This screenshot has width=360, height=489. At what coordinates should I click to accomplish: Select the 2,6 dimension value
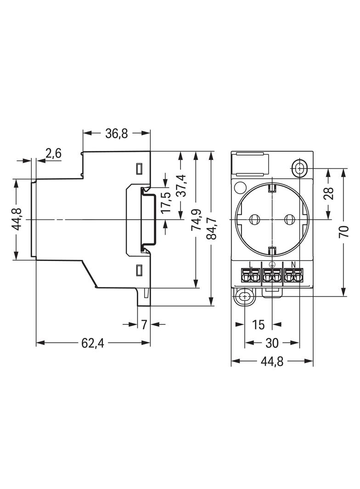click(53, 154)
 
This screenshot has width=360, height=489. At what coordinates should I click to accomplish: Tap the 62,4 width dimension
click(92, 343)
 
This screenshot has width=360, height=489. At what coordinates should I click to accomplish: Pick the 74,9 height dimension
click(196, 220)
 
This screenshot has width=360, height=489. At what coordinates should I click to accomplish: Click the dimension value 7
click(144, 324)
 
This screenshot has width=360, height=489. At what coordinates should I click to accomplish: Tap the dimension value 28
click(328, 193)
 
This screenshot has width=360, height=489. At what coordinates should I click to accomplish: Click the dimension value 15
click(259, 324)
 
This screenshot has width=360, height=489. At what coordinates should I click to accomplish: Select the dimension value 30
click(272, 343)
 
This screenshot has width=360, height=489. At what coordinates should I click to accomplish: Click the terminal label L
click(250, 264)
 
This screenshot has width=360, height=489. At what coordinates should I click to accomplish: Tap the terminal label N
click(293, 264)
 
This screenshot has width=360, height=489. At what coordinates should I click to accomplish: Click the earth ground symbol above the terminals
click(271, 264)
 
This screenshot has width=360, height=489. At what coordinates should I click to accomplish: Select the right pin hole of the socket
click(290, 219)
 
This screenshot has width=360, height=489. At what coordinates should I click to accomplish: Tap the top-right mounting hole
click(299, 168)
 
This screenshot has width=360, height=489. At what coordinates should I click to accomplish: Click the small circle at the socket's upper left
click(240, 187)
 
